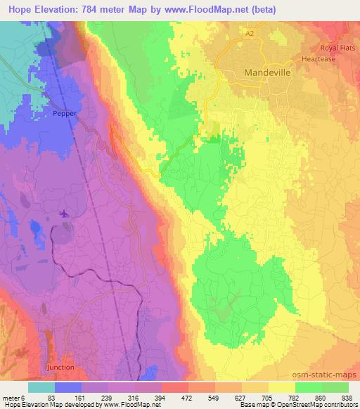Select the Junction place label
pyautogui.click(x=60, y=367)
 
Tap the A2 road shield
pyautogui.click(x=249, y=33)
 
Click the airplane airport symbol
pyautogui.click(x=65, y=213)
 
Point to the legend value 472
pyautogui.click(x=186, y=397)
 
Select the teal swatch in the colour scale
pyautogui.click(x=41, y=387)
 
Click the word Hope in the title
pyautogui.click(x=21, y=10)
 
